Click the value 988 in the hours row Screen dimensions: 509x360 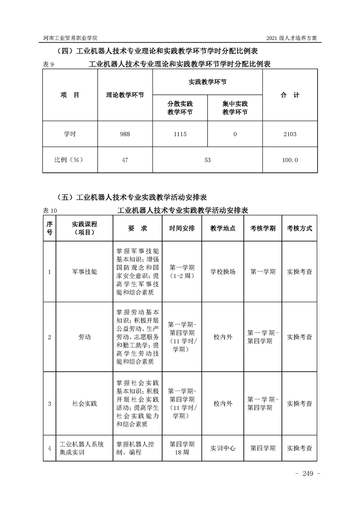point(124,134)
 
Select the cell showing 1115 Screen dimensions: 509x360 point(180,134)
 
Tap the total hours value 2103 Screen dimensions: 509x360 point(289,134)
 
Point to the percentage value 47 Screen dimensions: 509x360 point(125,160)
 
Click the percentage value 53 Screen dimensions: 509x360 point(207,160)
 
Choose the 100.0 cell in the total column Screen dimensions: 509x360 point(290,160)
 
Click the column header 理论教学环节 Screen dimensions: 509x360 point(125,95)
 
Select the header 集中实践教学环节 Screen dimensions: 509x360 point(235,108)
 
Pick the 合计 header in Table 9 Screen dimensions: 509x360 point(290,95)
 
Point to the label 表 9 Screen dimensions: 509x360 point(49,64)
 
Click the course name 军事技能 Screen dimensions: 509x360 point(84,272)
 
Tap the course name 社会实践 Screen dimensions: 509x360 point(84,403)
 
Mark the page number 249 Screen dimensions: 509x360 point(308,474)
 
